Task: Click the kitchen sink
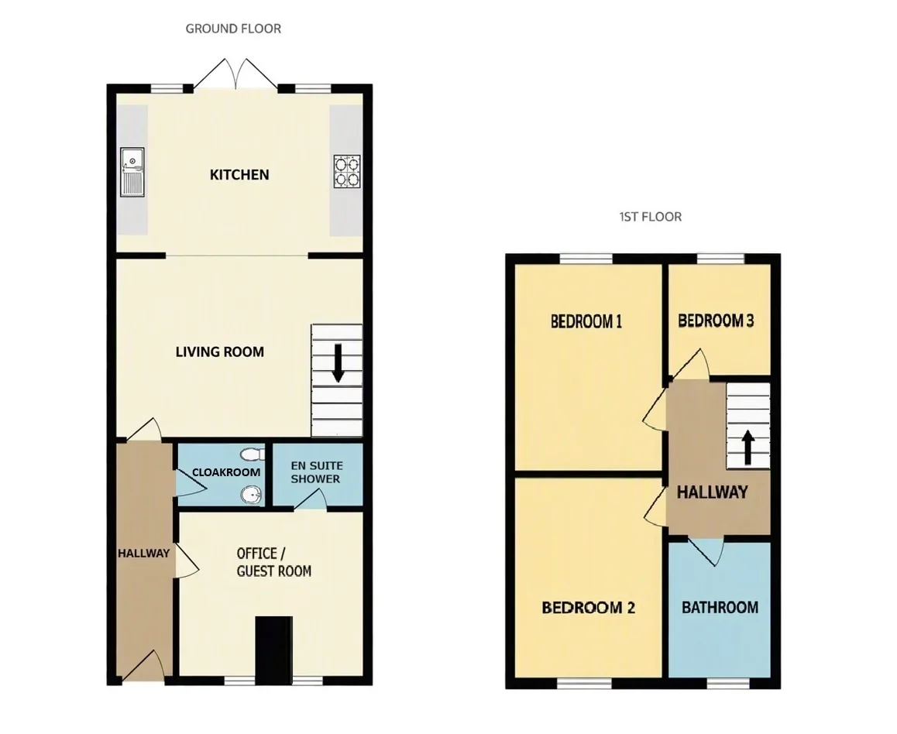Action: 132,171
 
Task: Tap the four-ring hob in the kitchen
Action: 347,171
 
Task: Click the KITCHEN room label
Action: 239,175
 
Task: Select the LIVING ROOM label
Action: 220,352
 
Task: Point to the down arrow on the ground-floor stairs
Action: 338,363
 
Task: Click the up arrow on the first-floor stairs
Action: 747,447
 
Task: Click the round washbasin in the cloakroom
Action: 250,495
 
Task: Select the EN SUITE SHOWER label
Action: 316,473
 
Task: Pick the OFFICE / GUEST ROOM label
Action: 274,562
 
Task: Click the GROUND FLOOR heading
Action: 233,29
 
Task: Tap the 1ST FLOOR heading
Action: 651,218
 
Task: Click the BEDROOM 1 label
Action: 586,321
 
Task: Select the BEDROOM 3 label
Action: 716,321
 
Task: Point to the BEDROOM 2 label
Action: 588,607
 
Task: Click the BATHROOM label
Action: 720,607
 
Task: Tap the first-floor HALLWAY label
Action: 712,492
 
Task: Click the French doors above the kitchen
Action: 235,74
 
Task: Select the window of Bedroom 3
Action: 721,259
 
